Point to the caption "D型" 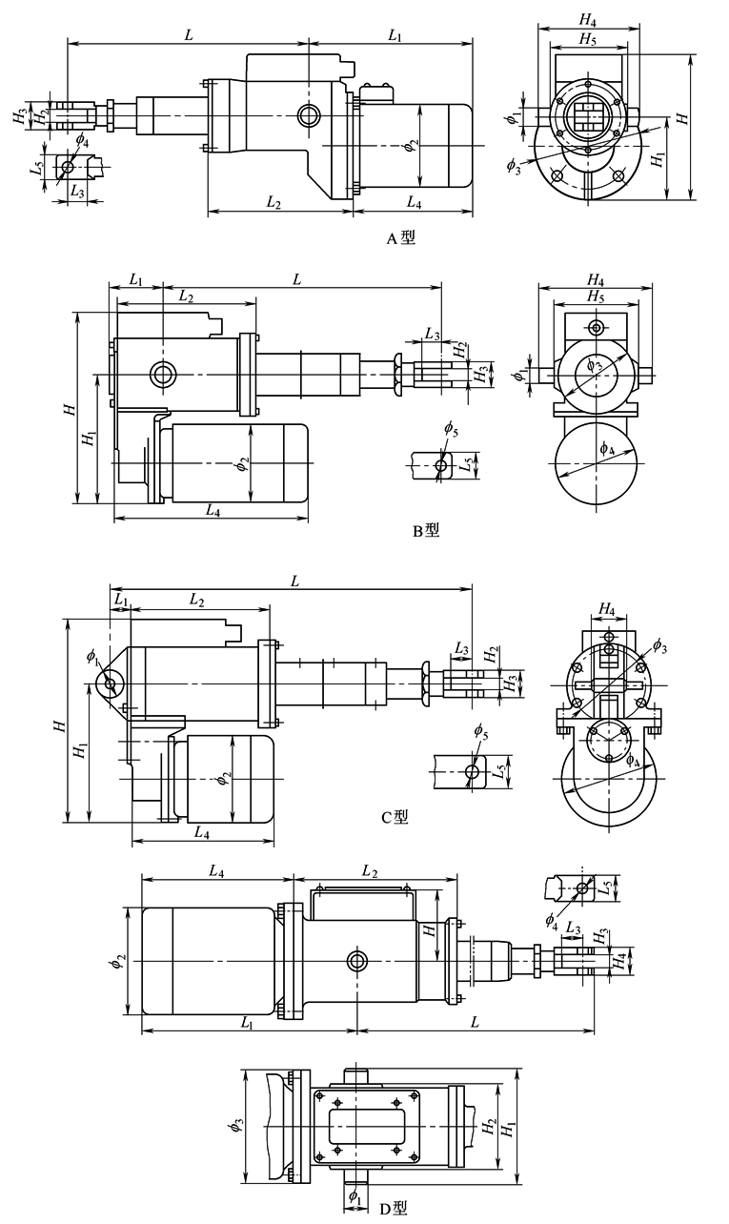(393, 1209)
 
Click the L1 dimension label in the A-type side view (395, 35)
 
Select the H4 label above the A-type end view (588, 19)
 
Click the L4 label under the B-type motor (212, 511)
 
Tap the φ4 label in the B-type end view (607, 447)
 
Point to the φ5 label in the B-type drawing (450, 429)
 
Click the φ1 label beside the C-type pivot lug (92, 656)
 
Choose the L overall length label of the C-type (295, 580)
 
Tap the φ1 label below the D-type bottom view (353, 1194)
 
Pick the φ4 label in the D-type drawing (552, 920)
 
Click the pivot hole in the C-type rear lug (111, 683)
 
